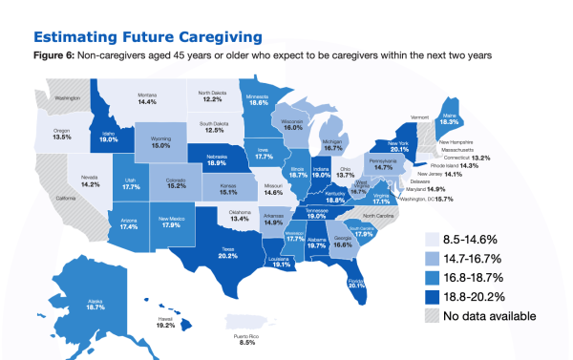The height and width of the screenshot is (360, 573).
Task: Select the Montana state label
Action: (x=147, y=95)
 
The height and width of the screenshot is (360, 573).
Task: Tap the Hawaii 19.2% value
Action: (x=164, y=326)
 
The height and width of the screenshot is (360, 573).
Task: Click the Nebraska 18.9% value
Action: (x=217, y=163)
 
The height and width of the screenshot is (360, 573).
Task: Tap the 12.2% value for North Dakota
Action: (x=211, y=99)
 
